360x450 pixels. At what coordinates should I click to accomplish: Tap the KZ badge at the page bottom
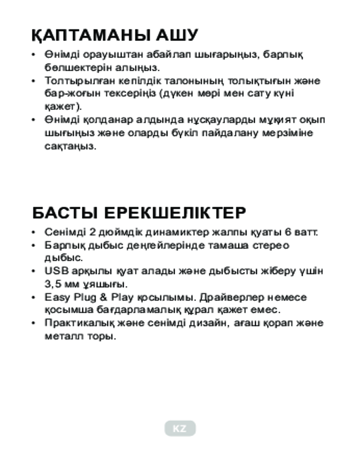(x=180, y=428)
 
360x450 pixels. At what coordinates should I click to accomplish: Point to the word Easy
(x=56, y=297)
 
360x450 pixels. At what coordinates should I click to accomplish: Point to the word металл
(x=61, y=337)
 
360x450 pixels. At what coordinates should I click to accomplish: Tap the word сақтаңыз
(x=70, y=147)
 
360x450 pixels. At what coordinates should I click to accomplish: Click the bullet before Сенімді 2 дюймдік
(x=33, y=233)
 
